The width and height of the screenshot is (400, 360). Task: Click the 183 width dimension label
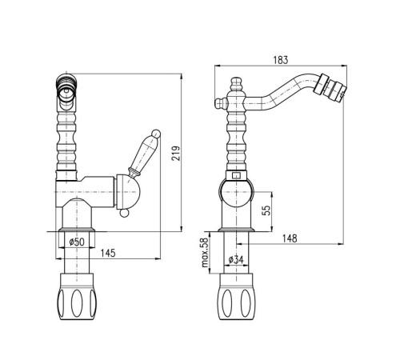(281, 60)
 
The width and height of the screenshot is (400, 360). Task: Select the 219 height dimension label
(176, 153)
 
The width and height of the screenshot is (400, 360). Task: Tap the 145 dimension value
(108, 253)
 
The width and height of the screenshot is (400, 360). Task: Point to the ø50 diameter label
(77, 242)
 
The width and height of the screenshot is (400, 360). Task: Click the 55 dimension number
(266, 210)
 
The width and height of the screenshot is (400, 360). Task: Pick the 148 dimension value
(290, 238)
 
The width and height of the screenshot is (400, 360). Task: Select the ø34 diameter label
(236, 259)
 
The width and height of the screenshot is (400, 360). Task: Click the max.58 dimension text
(205, 253)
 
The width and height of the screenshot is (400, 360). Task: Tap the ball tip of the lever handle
(156, 134)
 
